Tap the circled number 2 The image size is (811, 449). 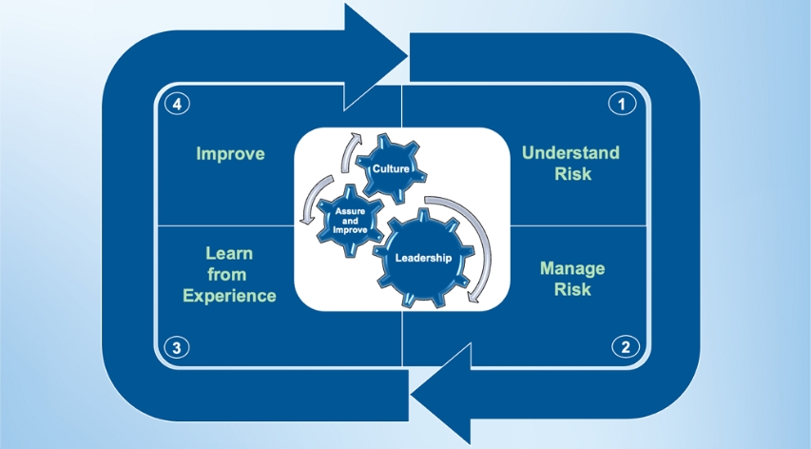(x=625, y=346)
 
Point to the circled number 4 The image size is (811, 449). (x=177, y=104)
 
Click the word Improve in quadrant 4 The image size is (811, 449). (x=230, y=153)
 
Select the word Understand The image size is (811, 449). (x=570, y=153)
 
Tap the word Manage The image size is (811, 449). (x=572, y=268)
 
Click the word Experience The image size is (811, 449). (x=230, y=295)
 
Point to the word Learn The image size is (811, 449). (x=230, y=254)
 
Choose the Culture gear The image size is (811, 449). (x=391, y=169)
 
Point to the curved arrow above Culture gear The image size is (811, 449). (x=354, y=148)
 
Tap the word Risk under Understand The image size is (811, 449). (x=572, y=174)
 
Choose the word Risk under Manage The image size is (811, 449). (x=572, y=289)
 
